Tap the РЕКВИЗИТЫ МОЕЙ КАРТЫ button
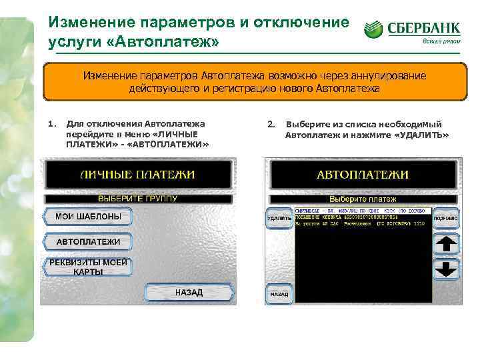coord(87,267)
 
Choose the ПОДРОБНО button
coord(445,218)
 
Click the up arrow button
coord(445,244)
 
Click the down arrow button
coord(445,269)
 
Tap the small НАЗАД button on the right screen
coord(279,294)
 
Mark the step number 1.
coord(51,124)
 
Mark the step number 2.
coord(270,124)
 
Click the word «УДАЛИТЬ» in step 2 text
coord(421,135)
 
